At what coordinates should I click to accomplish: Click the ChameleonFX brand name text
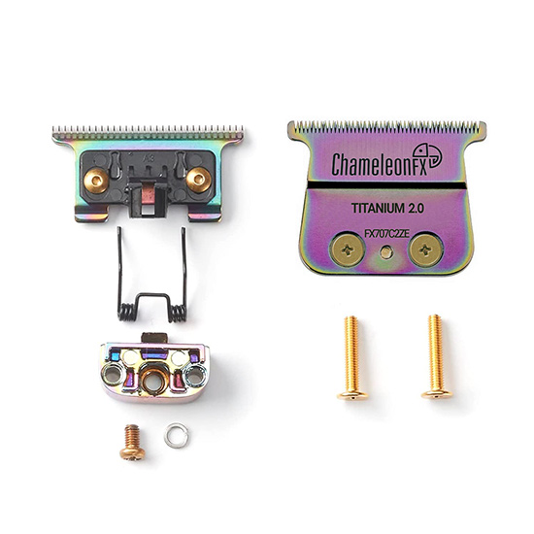point(379,164)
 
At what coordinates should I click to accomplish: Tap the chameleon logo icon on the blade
point(427,155)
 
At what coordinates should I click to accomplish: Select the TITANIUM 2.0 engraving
point(387,208)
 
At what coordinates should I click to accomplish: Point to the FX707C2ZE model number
point(386,234)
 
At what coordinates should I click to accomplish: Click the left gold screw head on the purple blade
point(348,251)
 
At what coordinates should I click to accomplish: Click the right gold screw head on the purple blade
point(425,250)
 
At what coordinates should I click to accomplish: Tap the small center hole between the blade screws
point(385,252)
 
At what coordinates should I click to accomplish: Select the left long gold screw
point(352,357)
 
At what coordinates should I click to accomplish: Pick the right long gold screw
point(436,356)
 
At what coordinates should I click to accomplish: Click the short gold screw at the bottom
point(132,441)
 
